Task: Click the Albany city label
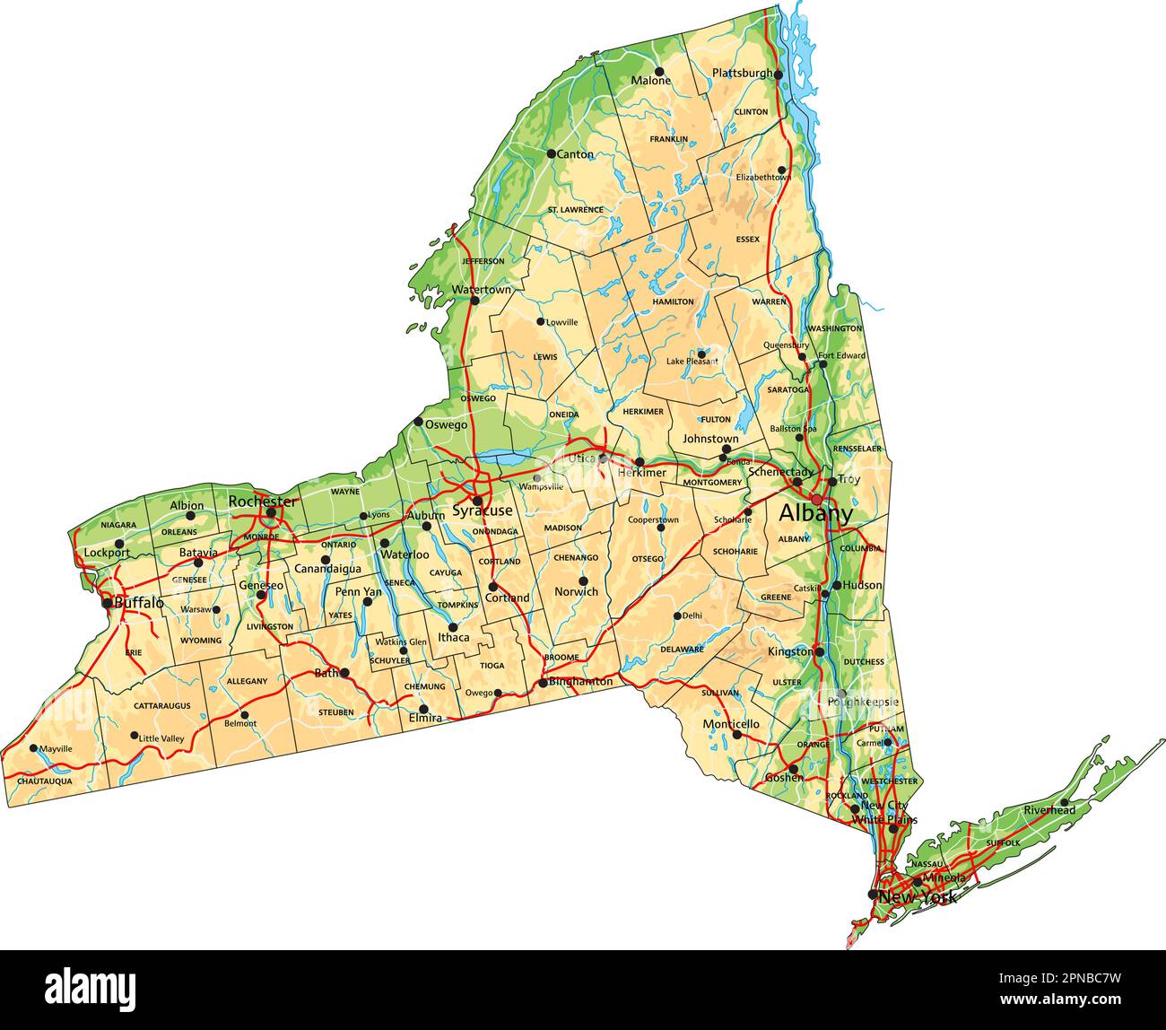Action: (x=815, y=514)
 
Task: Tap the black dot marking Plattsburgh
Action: (x=779, y=74)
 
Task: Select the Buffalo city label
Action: (x=139, y=604)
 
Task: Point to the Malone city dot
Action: (x=659, y=71)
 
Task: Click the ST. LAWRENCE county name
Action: (x=575, y=210)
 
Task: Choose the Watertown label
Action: (x=481, y=290)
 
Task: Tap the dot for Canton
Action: (x=552, y=153)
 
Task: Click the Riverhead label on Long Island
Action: (x=1049, y=810)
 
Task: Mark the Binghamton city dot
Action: (x=543, y=683)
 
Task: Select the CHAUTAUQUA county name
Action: (x=44, y=781)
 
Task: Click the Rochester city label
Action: (x=262, y=501)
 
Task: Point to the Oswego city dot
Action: (x=418, y=422)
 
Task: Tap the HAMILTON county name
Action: (x=674, y=301)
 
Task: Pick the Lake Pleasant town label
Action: (x=692, y=362)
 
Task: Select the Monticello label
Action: (x=731, y=723)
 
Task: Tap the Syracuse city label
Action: (x=482, y=511)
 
